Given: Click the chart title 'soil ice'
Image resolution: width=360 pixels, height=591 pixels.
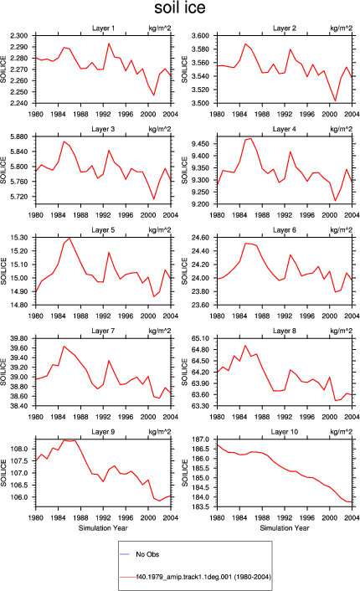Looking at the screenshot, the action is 180,8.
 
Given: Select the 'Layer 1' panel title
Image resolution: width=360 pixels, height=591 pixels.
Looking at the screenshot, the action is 103,28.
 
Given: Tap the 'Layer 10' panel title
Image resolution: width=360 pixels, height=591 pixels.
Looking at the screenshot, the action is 284,432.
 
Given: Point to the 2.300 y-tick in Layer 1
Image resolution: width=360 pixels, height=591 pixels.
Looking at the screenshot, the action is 19,36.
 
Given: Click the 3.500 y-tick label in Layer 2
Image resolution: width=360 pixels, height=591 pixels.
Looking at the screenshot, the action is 201,103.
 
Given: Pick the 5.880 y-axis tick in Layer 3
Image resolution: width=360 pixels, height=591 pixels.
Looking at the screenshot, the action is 19,136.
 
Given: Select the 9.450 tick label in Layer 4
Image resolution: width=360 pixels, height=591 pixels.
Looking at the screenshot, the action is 201,144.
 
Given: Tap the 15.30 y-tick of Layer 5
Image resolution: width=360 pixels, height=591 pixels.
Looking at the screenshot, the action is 20,238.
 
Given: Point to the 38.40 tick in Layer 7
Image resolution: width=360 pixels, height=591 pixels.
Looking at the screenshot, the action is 20,406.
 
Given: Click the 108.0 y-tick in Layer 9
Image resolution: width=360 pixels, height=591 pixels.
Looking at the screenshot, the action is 20,449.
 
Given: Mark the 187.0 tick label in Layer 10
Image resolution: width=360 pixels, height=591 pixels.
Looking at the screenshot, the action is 202,439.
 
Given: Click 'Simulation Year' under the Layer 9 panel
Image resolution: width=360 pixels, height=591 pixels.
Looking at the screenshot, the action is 103,528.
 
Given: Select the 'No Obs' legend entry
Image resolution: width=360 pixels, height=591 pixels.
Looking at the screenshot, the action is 147,554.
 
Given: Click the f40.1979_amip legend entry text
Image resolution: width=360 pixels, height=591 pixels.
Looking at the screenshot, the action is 203,577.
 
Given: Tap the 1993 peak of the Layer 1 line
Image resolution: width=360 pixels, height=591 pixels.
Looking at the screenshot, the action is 109,44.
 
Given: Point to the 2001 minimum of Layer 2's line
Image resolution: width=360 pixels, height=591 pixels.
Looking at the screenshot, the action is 336,100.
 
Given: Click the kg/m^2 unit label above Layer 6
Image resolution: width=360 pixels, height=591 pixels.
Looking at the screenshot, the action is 342,230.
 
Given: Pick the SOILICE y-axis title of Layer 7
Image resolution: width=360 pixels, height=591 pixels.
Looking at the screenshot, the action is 3,372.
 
